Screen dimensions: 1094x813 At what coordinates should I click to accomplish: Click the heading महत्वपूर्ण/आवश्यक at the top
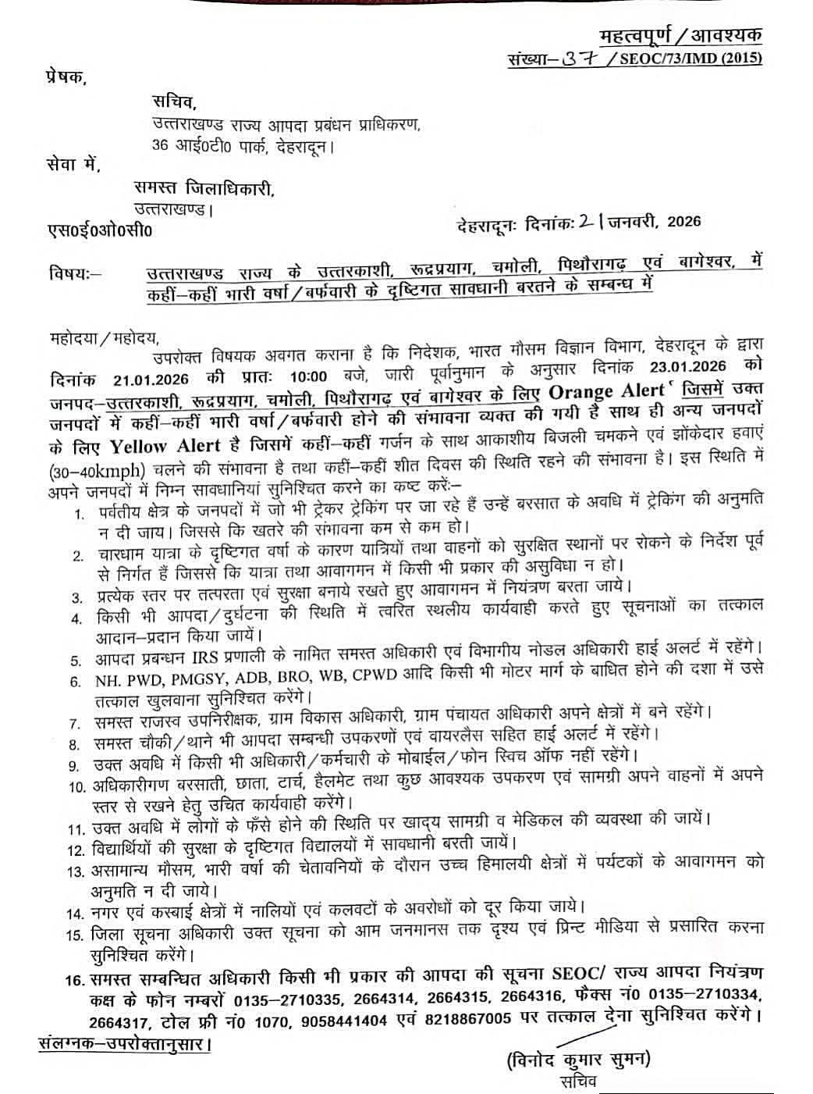pyautogui.click(x=680, y=36)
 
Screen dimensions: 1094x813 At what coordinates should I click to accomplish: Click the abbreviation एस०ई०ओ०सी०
pyautogui.click(x=101, y=231)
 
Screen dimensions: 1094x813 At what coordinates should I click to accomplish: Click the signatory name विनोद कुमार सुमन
pyautogui.click(x=578, y=1060)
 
